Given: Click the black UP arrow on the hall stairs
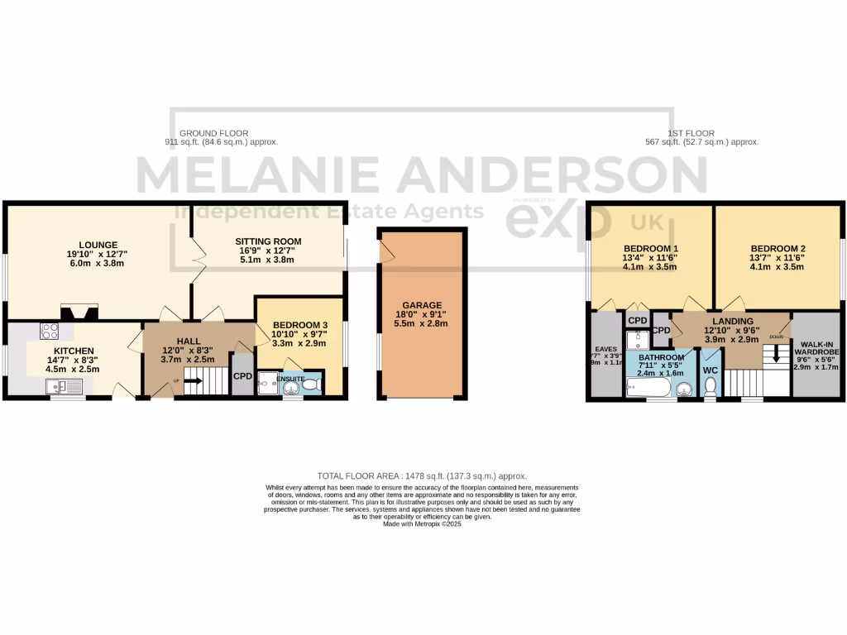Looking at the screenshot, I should (x=192, y=381).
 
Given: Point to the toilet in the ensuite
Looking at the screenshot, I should (x=309, y=385).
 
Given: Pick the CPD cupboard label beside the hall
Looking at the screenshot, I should (x=242, y=377).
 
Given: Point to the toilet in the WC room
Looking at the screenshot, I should (x=710, y=387).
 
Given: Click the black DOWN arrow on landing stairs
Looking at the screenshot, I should (x=776, y=356).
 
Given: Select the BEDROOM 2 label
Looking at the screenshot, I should (x=778, y=248).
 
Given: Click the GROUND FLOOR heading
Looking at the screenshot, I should (x=213, y=133).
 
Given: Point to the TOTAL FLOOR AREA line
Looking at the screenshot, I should (x=422, y=476).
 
